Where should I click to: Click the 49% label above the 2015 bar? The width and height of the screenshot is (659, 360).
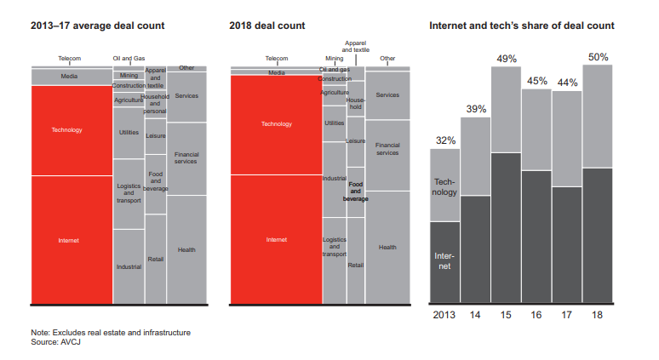[x=507, y=58]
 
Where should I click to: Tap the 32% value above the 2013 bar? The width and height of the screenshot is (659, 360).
[x=445, y=140]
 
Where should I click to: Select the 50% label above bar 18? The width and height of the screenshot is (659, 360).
[x=598, y=57]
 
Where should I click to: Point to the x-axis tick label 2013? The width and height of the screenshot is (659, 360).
[x=444, y=315]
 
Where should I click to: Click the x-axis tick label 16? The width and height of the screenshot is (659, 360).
[x=536, y=315]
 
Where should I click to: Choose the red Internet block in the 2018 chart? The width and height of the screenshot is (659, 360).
[x=276, y=239]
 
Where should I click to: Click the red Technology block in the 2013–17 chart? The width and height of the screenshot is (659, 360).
[x=66, y=130]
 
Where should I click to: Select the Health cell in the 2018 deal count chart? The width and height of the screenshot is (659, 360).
[x=387, y=247]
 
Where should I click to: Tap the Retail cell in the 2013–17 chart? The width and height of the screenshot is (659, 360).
[x=156, y=259]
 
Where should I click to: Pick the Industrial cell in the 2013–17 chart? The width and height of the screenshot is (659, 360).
[x=129, y=266]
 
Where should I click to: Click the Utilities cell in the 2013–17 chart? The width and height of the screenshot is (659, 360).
[x=129, y=133]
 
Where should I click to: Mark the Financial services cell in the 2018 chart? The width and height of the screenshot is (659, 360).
[x=387, y=150]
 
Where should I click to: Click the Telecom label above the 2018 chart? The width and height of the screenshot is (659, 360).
[x=277, y=59]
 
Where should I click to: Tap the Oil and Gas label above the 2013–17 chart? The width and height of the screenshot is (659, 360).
[x=129, y=59]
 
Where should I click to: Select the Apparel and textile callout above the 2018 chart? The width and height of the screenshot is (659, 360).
[x=356, y=46]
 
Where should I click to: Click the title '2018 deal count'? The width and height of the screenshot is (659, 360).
[x=263, y=26]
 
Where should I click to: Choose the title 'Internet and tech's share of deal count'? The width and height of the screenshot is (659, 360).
[x=521, y=26]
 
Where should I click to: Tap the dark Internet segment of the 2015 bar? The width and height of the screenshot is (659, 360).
[x=507, y=228]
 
